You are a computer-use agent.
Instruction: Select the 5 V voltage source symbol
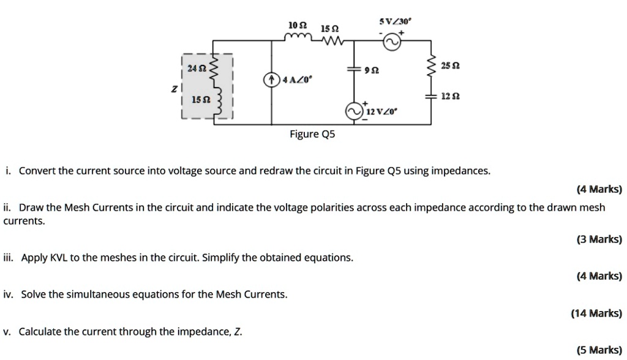[x=392, y=42]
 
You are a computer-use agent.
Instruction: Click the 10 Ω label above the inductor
[x=296, y=25]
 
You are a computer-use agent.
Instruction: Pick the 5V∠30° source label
[x=396, y=21]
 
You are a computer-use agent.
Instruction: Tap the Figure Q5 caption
[x=312, y=134]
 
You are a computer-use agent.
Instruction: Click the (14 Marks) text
[x=596, y=313]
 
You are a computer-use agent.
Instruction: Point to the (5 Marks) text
[x=598, y=350]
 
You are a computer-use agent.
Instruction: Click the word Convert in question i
[x=37, y=171]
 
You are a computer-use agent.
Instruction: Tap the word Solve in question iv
[x=33, y=294]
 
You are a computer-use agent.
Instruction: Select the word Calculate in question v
[x=40, y=332]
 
